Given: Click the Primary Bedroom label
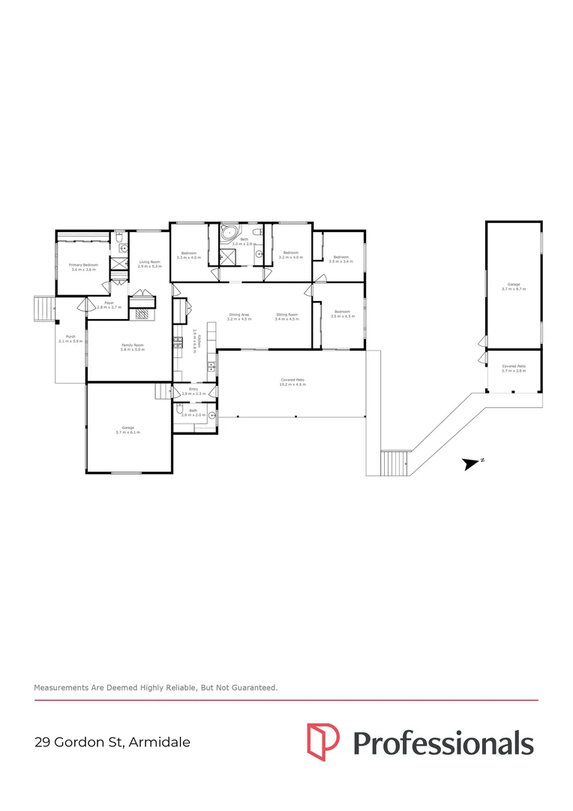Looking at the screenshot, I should point(84,267).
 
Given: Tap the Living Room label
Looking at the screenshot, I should point(150,264).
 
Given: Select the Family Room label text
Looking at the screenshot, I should point(133,347).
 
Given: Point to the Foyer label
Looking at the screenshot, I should point(109,305).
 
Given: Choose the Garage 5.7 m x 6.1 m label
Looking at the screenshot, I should point(127,430).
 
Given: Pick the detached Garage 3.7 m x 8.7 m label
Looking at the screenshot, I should point(514,286).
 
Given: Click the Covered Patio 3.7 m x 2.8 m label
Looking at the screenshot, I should point(514,368).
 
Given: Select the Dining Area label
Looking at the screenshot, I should point(238,316).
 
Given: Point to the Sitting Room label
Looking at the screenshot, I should point(286,316).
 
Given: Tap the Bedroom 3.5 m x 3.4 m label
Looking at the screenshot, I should point(341,259).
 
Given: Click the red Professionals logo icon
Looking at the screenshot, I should point(323,740).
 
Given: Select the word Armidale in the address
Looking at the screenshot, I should point(160,743).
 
